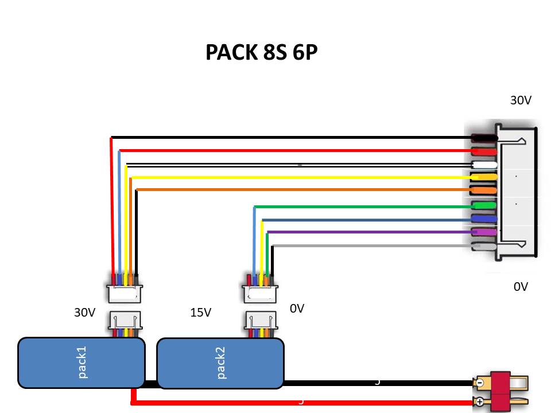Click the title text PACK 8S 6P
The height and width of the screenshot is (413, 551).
pyautogui.click(x=261, y=52)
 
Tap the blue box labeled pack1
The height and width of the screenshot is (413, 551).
pyautogui.click(x=81, y=363)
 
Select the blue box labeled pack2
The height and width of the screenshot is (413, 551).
pyautogui.click(x=220, y=363)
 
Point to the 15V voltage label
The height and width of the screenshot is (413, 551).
pyautogui.click(x=200, y=313)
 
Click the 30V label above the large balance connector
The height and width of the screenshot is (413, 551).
pyautogui.click(x=521, y=100)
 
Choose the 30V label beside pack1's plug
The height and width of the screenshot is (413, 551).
pyautogui.click(x=84, y=313)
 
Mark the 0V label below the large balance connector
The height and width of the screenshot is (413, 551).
pyautogui.click(x=521, y=287)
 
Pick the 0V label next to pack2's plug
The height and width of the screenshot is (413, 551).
pyautogui.click(x=297, y=309)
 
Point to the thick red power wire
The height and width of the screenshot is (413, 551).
pyautogui.click(x=298, y=403)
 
